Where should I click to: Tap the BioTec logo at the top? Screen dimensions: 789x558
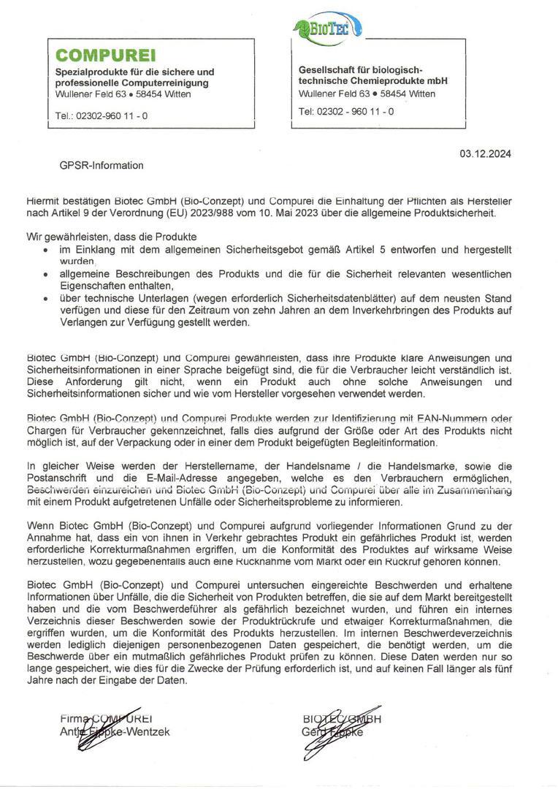pyautogui.click(x=321, y=29)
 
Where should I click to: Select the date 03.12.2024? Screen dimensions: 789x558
pyautogui.click(x=485, y=153)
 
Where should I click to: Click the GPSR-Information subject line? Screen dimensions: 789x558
pyautogui.click(x=102, y=165)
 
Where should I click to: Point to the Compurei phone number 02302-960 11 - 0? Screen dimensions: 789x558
pyautogui.click(x=102, y=115)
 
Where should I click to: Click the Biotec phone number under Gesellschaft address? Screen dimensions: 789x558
pyautogui.click(x=346, y=111)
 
